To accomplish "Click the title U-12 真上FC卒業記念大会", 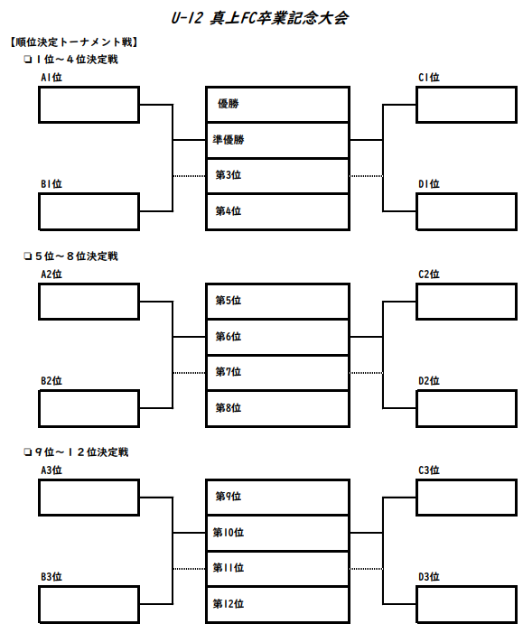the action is tap(259, 18).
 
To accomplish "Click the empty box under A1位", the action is tap(89, 105).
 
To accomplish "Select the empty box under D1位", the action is tap(466, 211).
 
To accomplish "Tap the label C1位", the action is tap(429, 77).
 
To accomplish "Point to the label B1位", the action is tap(51, 184).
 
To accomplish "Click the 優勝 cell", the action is tap(277, 104).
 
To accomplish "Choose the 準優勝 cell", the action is tap(277, 140).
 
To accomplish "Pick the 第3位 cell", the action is tap(277, 175).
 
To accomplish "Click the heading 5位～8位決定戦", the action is tap(77, 256).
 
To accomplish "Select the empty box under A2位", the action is tap(89, 302).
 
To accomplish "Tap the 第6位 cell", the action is tap(277, 337).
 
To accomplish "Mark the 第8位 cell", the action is tap(277, 408).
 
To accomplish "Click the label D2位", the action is tap(429, 381).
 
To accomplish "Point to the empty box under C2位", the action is tap(466, 302).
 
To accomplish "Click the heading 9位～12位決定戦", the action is tap(81, 452).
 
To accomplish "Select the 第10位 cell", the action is tap(277, 533).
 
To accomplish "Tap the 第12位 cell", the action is tap(277, 604).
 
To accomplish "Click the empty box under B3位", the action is tap(89, 604).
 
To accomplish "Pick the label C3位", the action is tap(429, 470).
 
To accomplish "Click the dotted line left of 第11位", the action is tap(190, 569).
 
